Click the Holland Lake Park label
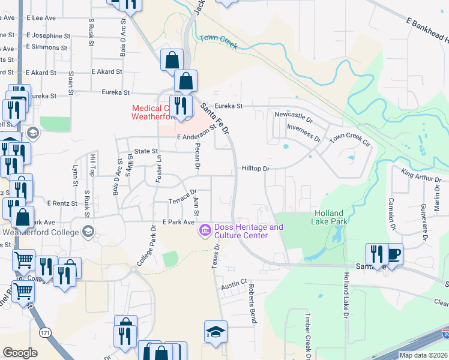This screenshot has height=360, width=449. click(x=328, y=217)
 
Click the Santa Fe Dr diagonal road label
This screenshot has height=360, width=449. click(x=215, y=118)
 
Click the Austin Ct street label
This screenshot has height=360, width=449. click(x=234, y=283)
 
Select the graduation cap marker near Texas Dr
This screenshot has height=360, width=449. click(x=215, y=332)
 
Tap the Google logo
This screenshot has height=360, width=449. click(x=20, y=353)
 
